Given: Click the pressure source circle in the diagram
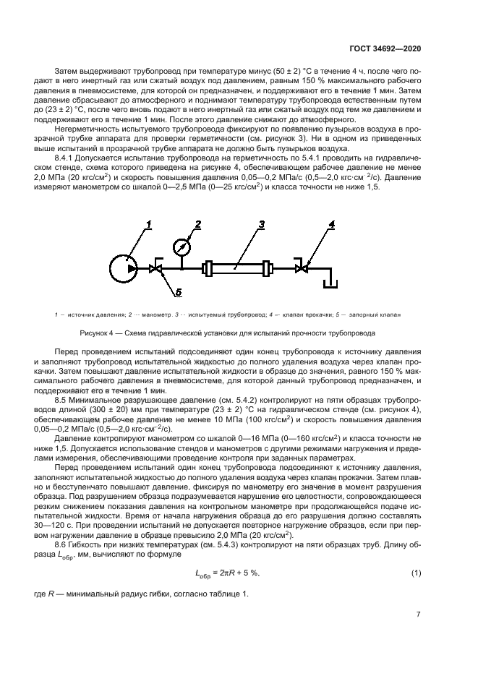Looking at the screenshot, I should pos(125,269).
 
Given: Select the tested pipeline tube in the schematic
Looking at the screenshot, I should pos(238,269).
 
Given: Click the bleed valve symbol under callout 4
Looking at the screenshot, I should pos(303,269).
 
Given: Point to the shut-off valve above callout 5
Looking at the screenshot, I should pos(155,269).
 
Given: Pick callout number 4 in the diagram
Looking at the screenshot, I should pos(332,226).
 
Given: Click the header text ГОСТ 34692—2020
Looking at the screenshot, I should pos(387,47).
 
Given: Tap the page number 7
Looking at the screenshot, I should pos(419,617).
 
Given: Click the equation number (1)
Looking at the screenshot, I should pos(416,573).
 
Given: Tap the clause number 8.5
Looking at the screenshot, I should pos(62,398).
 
